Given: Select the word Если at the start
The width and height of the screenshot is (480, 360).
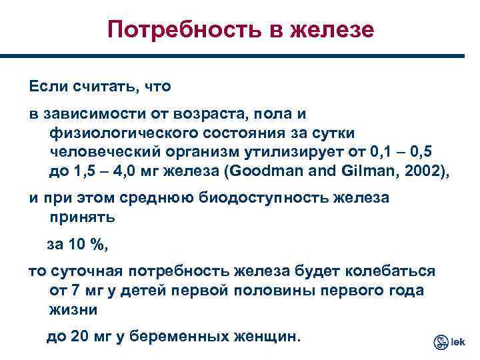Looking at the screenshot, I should [44, 87].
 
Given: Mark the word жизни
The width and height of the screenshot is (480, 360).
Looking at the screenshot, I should [73, 310].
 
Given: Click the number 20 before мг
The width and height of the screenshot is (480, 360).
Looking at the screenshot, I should [79, 337].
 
